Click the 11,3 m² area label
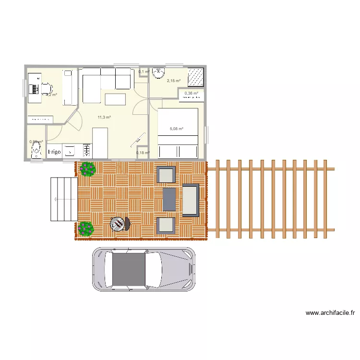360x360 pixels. pos(104,117)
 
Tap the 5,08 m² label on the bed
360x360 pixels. pos(177,129)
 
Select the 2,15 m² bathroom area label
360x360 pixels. pos(173,81)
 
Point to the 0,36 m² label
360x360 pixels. pos(192,93)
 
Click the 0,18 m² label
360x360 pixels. pos(143,153)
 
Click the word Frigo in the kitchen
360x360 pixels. pos(54,152)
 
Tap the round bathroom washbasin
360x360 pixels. pos(159,73)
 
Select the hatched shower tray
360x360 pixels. pos(195,76)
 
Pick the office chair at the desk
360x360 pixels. pos(46,89)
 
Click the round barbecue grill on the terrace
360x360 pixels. pos(118,224)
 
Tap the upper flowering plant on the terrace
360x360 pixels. pos(88,168)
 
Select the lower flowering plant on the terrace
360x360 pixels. pos(86,228)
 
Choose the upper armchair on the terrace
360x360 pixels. pos(167,175)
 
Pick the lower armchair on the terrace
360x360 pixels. pos(166,225)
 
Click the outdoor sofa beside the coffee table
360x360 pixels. pos(190,200)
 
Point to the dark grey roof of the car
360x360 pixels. pos(128,269)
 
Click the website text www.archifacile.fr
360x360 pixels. pos(330,313)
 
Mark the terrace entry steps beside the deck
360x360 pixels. pos(63,199)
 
